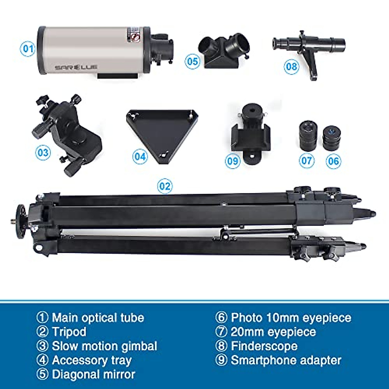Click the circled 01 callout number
click(x=28, y=49)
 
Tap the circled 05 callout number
click(x=193, y=61)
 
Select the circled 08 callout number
click(x=291, y=67)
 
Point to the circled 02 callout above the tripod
click(x=165, y=186)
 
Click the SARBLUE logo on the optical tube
click(x=76, y=67)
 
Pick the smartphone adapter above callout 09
click(x=251, y=135)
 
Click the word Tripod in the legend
click(x=69, y=332)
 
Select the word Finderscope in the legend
click(x=264, y=346)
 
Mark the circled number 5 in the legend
click(x=42, y=374)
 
